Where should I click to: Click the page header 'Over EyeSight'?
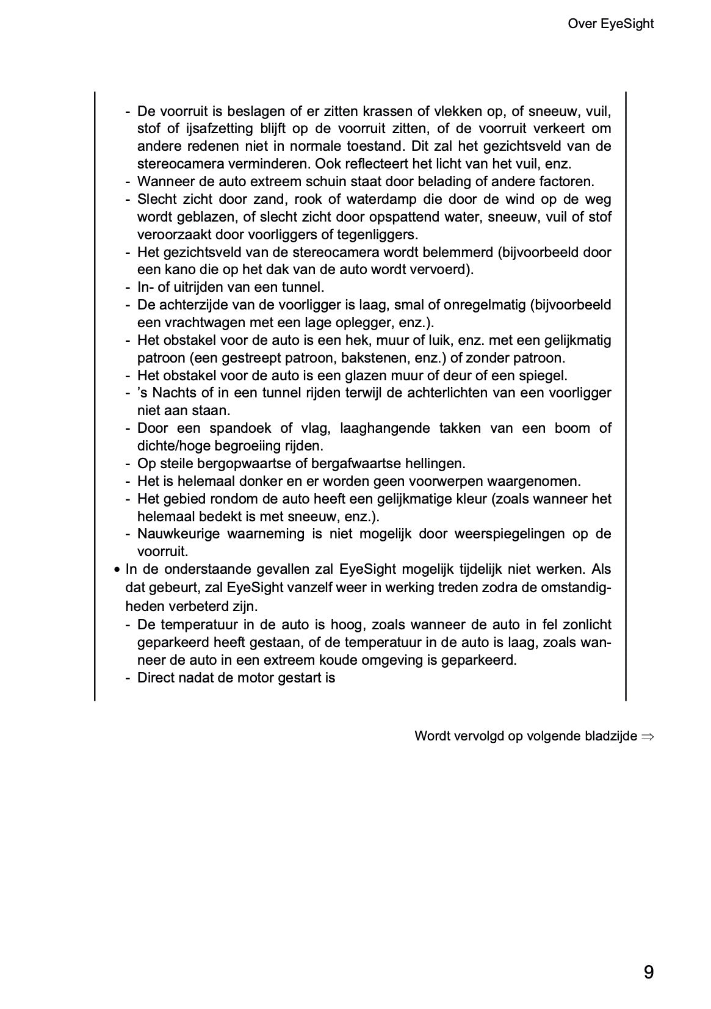[x=610, y=24]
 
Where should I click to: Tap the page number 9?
[x=648, y=971]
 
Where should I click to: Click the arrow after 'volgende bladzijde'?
[x=648, y=736]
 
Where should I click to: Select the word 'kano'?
[x=177, y=269]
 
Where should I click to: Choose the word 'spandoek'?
[x=236, y=428]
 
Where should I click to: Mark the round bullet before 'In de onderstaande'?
[x=116, y=570]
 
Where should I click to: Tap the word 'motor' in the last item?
[x=256, y=678]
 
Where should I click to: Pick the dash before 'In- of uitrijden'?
[x=128, y=287]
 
